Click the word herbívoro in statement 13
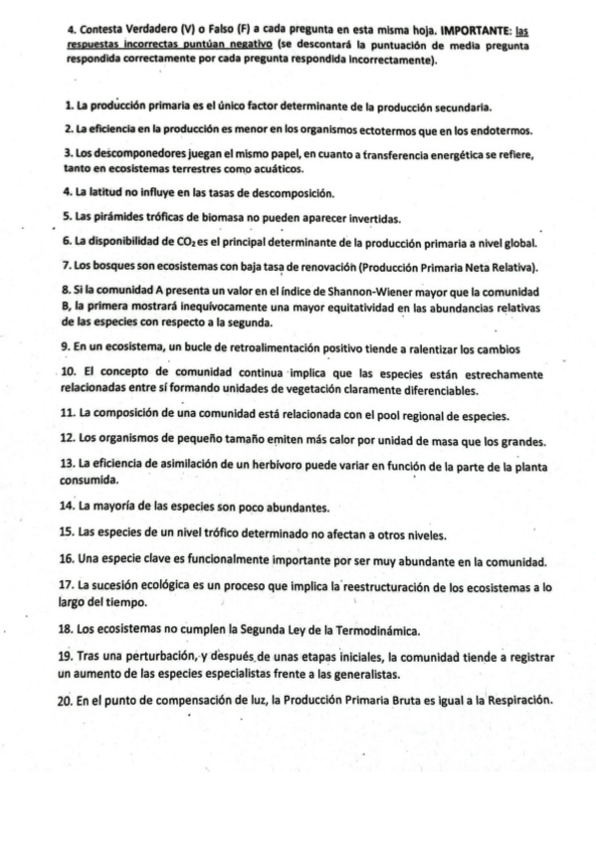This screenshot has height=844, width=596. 280,464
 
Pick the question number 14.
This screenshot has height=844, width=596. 68,507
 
